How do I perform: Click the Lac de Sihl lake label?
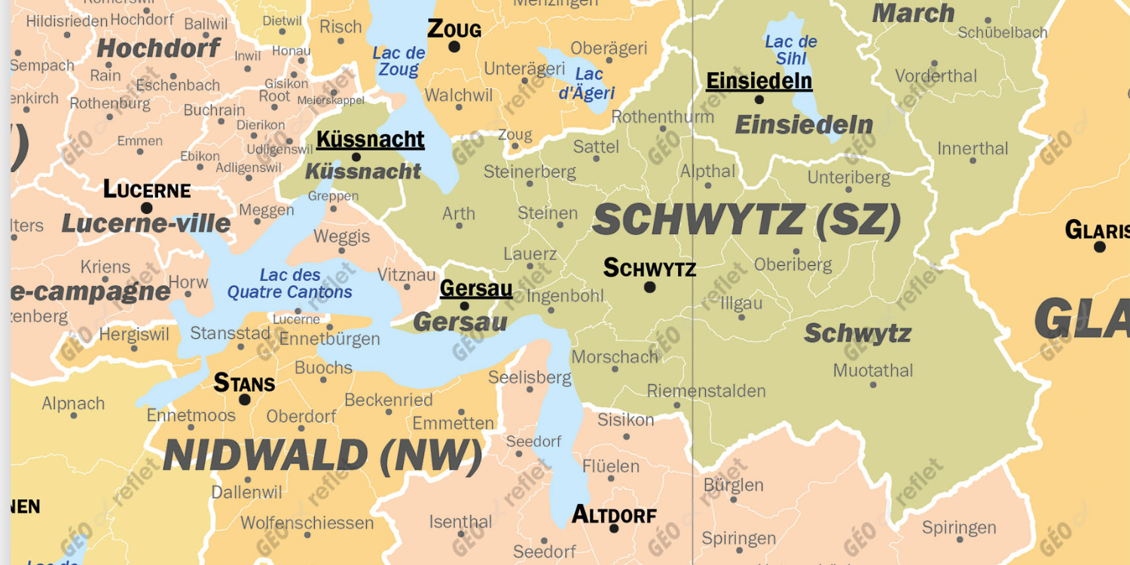point(791,50)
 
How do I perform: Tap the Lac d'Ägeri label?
point(588,84)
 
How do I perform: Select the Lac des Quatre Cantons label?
point(290,283)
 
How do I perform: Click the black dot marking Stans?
point(245,399)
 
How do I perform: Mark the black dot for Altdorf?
point(614,528)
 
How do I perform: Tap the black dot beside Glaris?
point(1099,246)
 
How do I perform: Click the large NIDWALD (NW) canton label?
point(322,456)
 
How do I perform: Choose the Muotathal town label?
point(872,371)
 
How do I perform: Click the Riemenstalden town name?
point(706,391)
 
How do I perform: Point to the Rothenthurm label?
point(662,117)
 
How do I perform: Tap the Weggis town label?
point(341,237)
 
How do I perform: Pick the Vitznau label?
point(407,274)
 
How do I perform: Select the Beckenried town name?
point(389,400)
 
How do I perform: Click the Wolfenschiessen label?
point(307,523)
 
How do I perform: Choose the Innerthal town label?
point(973,148)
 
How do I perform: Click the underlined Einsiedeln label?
point(759,81)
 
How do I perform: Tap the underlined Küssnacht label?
point(370,139)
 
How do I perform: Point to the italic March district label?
point(913,14)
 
